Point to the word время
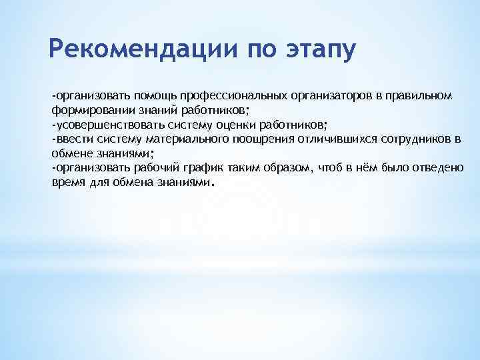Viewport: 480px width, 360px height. (67, 182)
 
